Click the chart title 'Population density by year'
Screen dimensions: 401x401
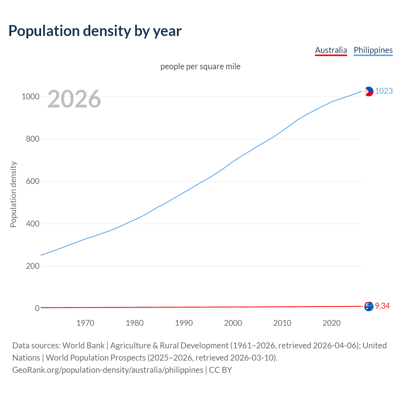(x=95, y=31)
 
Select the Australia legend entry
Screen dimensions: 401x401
(x=331, y=50)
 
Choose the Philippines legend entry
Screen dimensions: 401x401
(x=373, y=50)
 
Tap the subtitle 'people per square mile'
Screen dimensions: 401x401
(x=200, y=66)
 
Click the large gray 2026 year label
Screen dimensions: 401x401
(x=74, y=99)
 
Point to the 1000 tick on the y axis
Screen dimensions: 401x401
(x=30, y=96)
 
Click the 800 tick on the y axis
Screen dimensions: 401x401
(x=33, y=139)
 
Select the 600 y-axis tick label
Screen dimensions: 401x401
(x=33, y=181)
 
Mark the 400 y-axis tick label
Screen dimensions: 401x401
(x=33, y=224)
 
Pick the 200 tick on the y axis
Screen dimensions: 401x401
(x=33, y=266)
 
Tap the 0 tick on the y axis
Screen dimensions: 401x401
(x=37, y=308)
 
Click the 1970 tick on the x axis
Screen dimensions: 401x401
(x=85, y=323)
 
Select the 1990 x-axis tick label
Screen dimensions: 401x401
(x=184, y=323)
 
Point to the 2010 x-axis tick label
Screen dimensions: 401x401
(x=282, y=323)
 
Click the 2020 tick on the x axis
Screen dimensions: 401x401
(x=331, y=323)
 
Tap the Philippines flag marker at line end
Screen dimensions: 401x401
(x=369, y=91)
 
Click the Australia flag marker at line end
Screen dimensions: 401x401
(x=369, y=306)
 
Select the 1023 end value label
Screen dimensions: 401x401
(x=384, y=91)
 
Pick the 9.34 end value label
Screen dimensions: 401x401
(x=382, y=306)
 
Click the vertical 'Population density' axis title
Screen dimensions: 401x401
(x=13, y=194)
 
